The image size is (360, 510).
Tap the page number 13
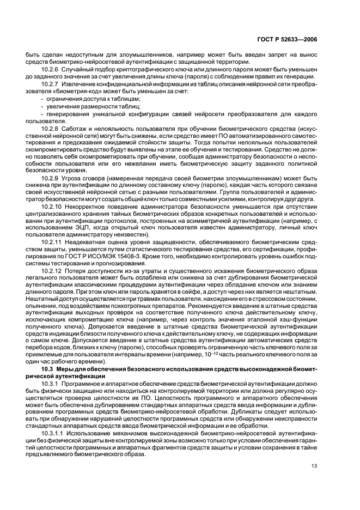tap(314, 465)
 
